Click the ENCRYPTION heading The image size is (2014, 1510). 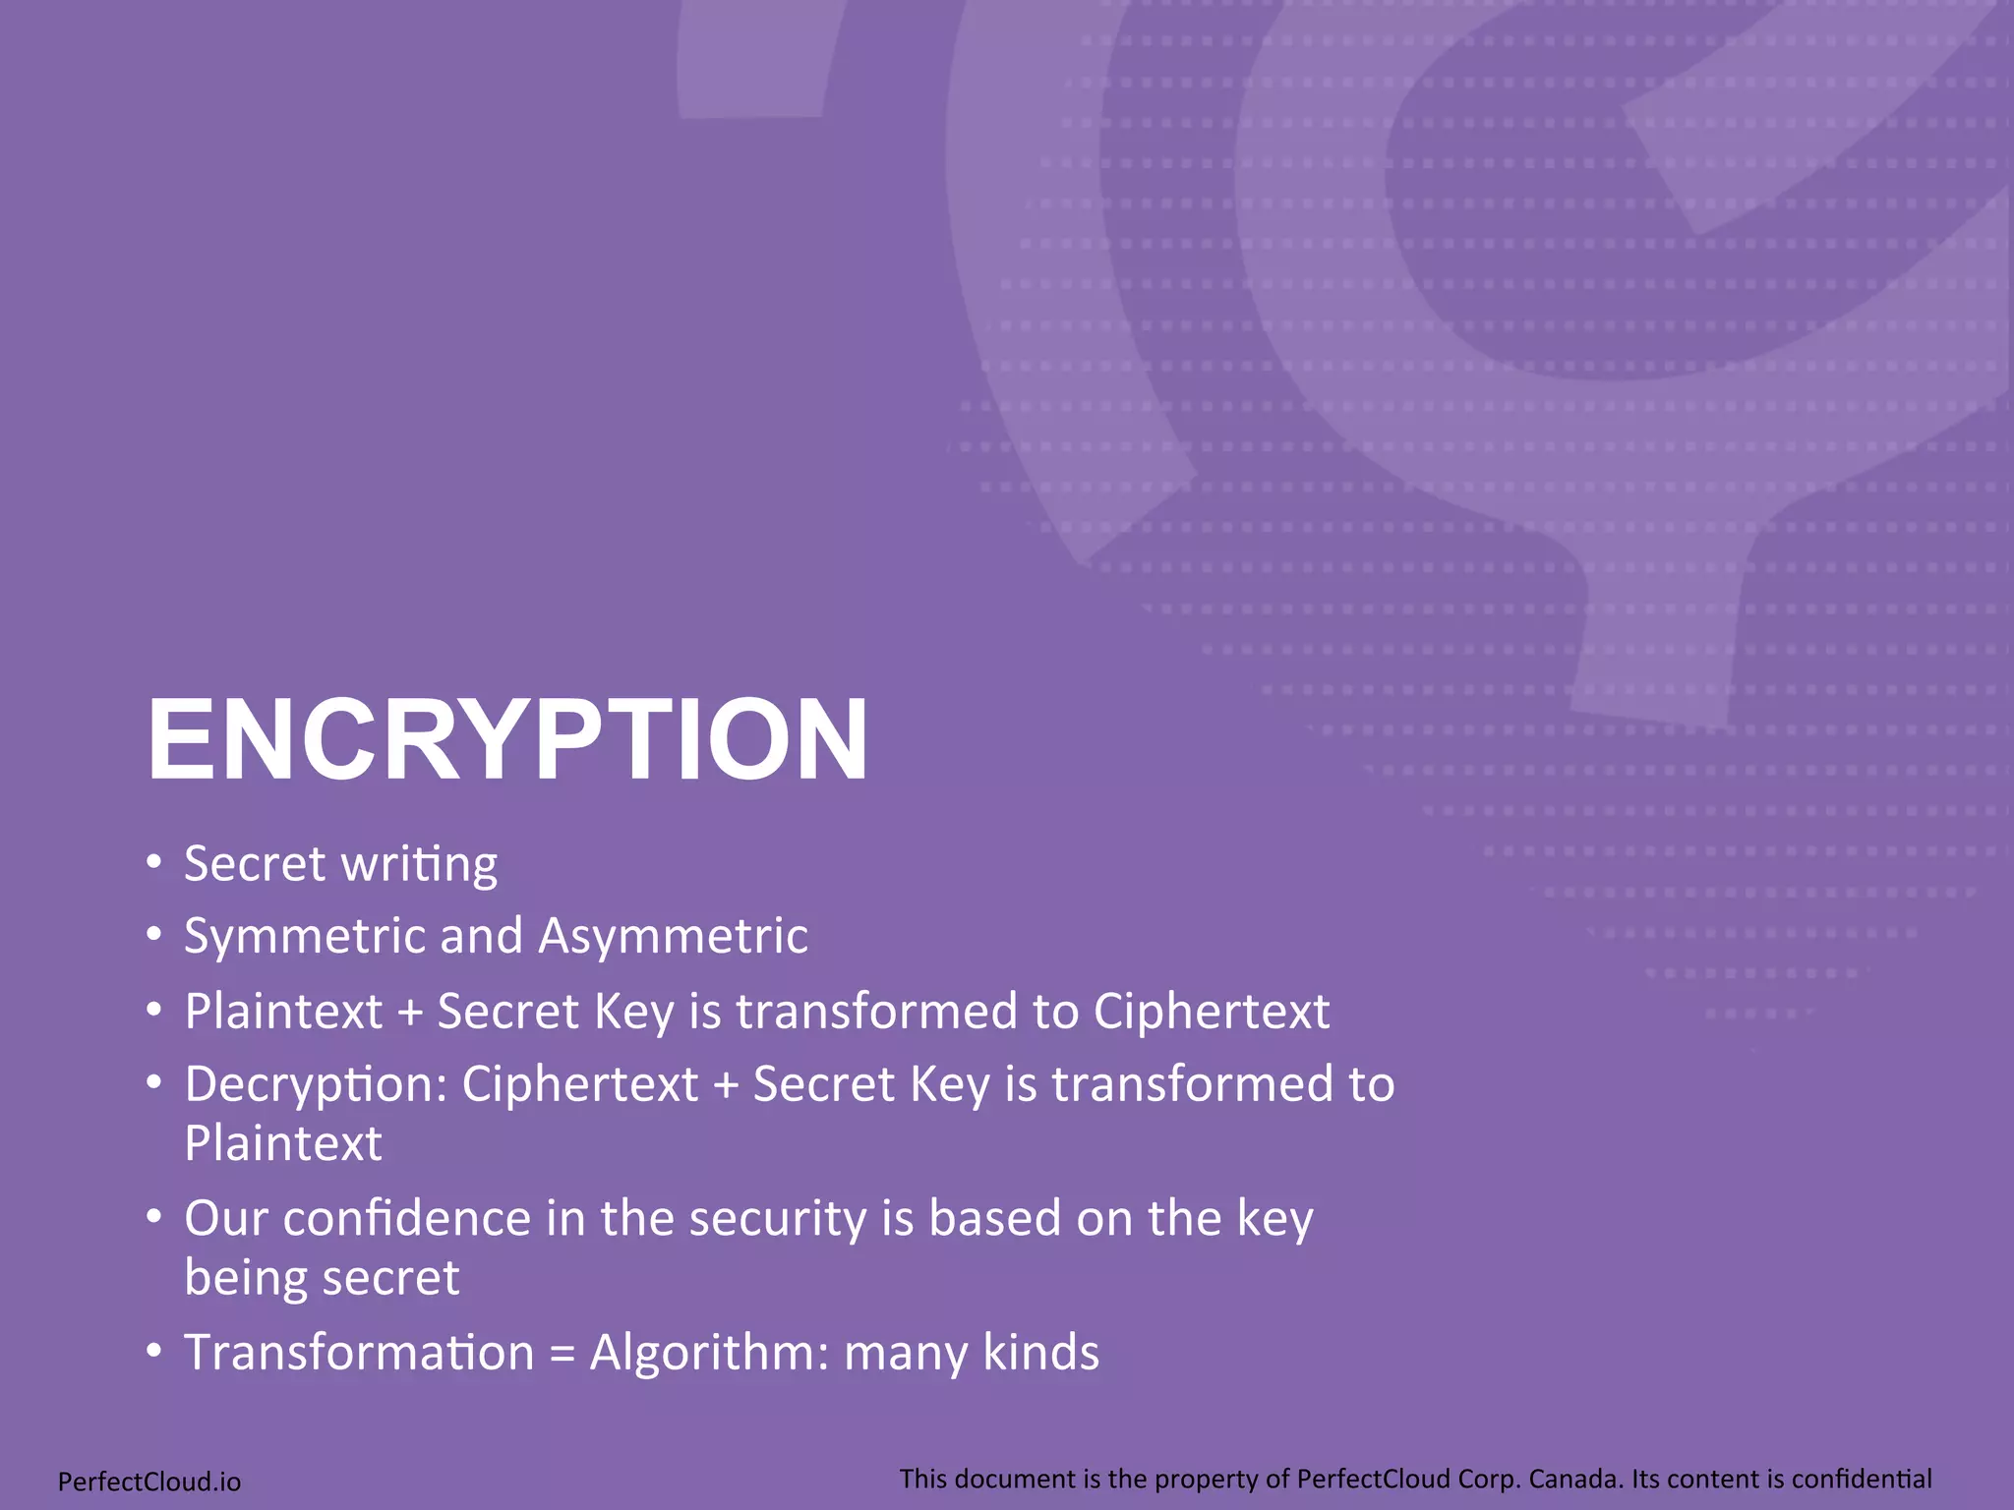pos(507,739)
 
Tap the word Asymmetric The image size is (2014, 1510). pos(674,936)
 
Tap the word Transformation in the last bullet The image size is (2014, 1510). pos(359,1353)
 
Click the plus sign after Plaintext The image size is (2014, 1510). pos(410,1013)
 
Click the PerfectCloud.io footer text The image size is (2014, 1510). pos(149,1481)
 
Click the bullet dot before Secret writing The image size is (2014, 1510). pos(153,863)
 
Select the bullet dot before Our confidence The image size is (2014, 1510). pos(153,1217)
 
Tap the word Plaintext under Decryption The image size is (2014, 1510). pos(283,1144)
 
